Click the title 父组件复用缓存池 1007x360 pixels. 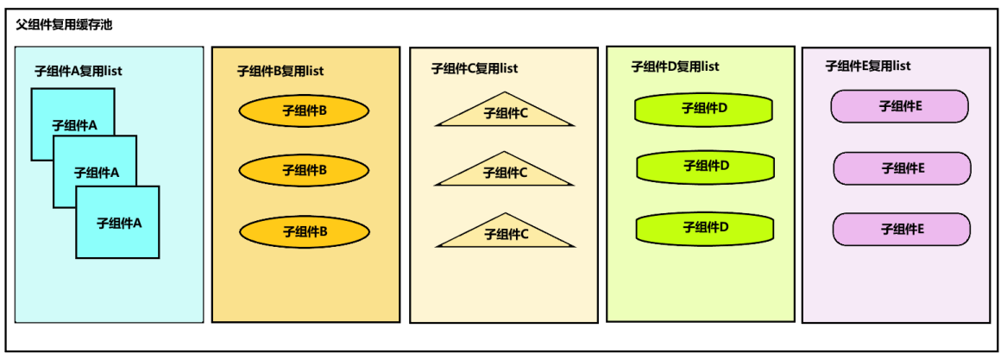(x=65, y=27)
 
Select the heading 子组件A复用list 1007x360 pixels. (x=79, y=72)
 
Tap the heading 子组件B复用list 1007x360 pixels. (x=280, y=72)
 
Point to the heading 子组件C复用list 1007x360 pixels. (x=475, y=68)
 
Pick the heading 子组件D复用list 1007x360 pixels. (x=676, y=66)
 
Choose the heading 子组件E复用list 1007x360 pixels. (x=868, y=66)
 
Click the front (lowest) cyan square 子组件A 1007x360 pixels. (x=117, y=223)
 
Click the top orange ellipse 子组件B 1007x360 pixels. (x=304, y=111)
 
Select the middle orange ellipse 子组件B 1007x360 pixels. (x=304, y=170)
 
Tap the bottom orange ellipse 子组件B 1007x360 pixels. (x=304, y=232)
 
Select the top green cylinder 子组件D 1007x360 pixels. (x=703, y=110)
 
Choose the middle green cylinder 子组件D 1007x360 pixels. (x=705, y=167)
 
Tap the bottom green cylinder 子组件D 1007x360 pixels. (x=705, y=228)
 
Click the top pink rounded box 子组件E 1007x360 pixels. (x=900, y=106)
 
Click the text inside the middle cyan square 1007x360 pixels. (x=97, y=173)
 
